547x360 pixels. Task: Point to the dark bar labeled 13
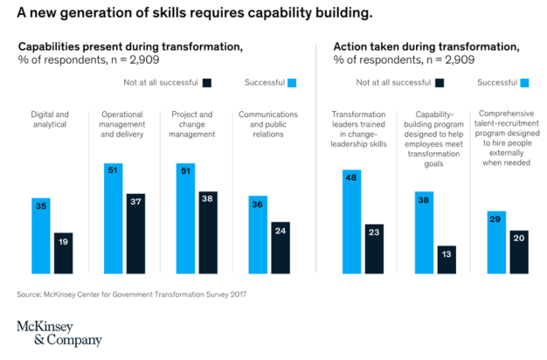[x=447, y=260]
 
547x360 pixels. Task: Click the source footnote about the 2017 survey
[x=131, y=294]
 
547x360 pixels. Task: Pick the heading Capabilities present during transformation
[x=130, y=45]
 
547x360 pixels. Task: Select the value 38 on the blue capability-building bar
[x=423, y=199]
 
